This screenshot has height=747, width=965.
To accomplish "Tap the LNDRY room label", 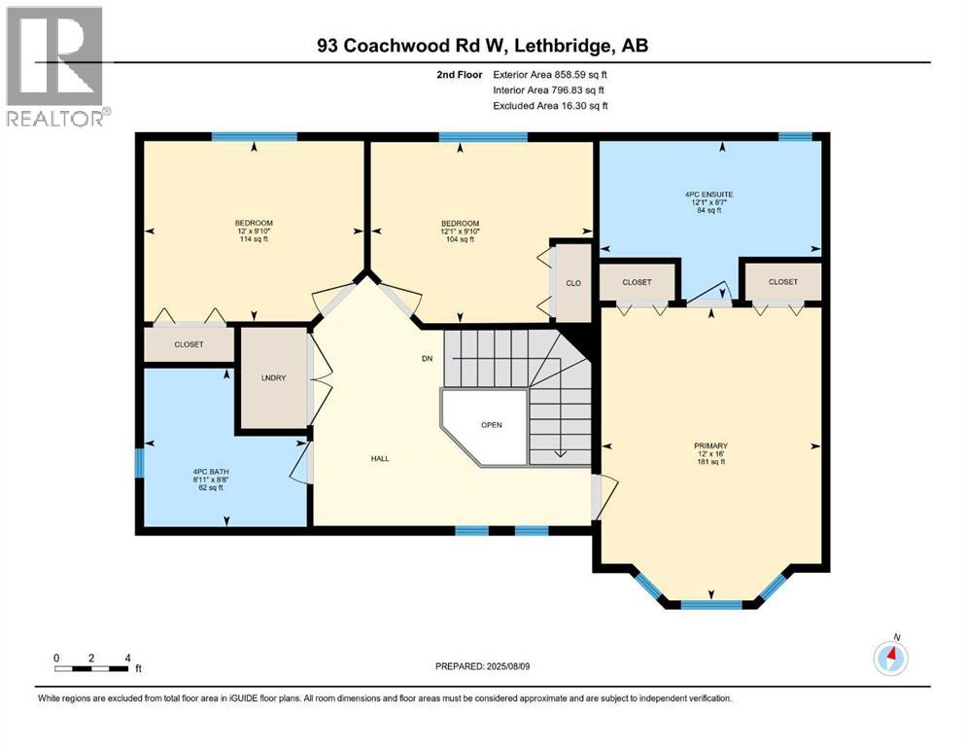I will point(272,378).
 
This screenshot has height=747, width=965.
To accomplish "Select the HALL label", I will point(380,458).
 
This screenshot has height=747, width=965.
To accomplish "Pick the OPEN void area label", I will point(491,425).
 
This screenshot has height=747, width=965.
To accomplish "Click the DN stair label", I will point(426,359).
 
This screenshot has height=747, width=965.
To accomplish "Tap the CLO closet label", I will point(572,283).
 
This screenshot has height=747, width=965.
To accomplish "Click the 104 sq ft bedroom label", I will point(460,231).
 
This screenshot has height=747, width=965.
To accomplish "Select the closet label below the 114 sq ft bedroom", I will point(189,344).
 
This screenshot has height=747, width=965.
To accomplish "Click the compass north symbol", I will point(890,658).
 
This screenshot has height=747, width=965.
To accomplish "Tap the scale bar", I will point(91,668).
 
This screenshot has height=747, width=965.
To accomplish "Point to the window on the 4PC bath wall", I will point(139,461).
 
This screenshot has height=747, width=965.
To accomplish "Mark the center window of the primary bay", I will point(709,604).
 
